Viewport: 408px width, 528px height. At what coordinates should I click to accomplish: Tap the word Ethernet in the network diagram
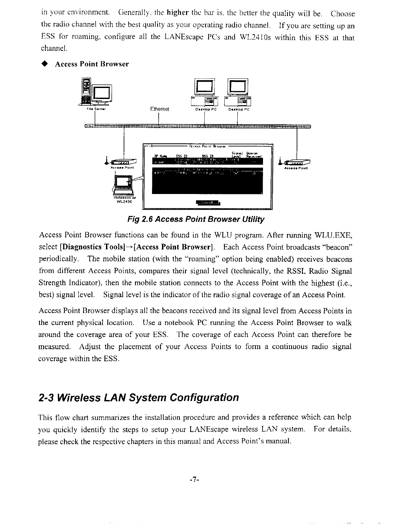point(160,109)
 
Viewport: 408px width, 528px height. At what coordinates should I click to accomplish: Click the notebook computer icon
point(124,185)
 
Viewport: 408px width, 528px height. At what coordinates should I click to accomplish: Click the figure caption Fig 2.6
point(196,219)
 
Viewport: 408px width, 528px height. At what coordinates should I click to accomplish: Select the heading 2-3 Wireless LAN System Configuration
point(139,397)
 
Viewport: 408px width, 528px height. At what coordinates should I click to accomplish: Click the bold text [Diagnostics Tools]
point(87,247)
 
